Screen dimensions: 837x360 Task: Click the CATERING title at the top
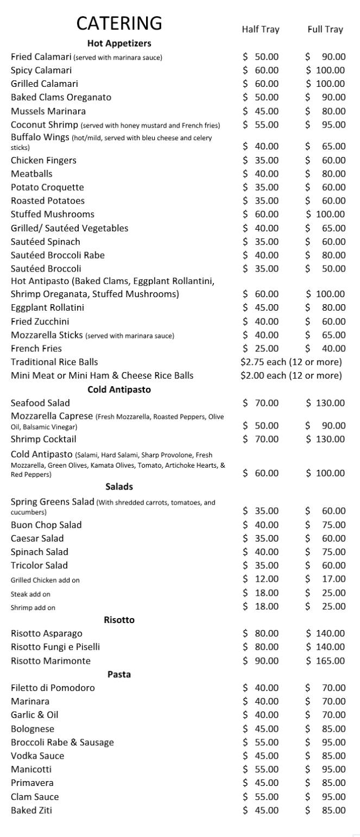click(119, 23)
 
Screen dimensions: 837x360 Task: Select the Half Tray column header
click(261, 29)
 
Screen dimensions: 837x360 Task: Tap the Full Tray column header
click(325, 29)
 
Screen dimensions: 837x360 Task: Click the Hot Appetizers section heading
click(119, 43)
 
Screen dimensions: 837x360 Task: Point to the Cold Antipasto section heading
click(119, 389)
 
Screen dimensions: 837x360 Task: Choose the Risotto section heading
click(119, 620)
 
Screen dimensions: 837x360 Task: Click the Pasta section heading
click(119, 674)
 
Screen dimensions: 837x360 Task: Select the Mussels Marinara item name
click(48, 111)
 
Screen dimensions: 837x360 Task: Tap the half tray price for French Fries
click(261, 349)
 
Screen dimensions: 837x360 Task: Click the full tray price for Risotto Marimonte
click(325, 661)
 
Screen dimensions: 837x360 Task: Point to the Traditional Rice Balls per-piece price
click(291, 362)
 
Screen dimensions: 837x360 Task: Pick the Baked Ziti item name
click(31, 810)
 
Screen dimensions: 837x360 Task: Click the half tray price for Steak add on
click(261, 593)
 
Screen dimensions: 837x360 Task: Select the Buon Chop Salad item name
click(46, 525)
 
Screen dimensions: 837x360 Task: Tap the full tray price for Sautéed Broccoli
click(325, 269)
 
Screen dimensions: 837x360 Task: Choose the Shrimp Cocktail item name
click(43, 439)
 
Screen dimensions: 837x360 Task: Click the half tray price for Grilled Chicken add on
click(261, 579)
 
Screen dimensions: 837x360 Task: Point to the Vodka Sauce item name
click(37, 756)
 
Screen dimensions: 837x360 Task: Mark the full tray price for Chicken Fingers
click(325, 160)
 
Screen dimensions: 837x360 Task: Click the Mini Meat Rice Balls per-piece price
click(291, 376)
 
